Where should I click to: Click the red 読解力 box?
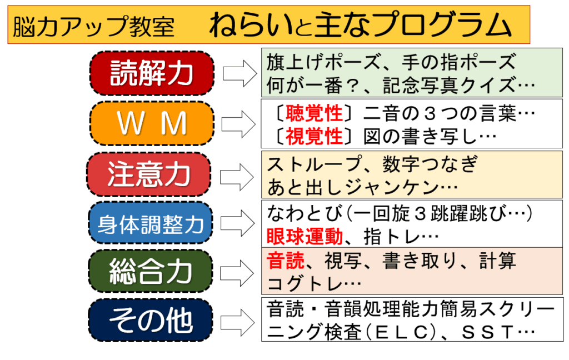(152, 73)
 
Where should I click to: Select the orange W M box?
(152, 124)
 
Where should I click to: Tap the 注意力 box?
(149, 174)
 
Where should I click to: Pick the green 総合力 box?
(151, 272)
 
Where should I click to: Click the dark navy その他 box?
(151, 321)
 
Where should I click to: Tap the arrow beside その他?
(237, 321)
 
